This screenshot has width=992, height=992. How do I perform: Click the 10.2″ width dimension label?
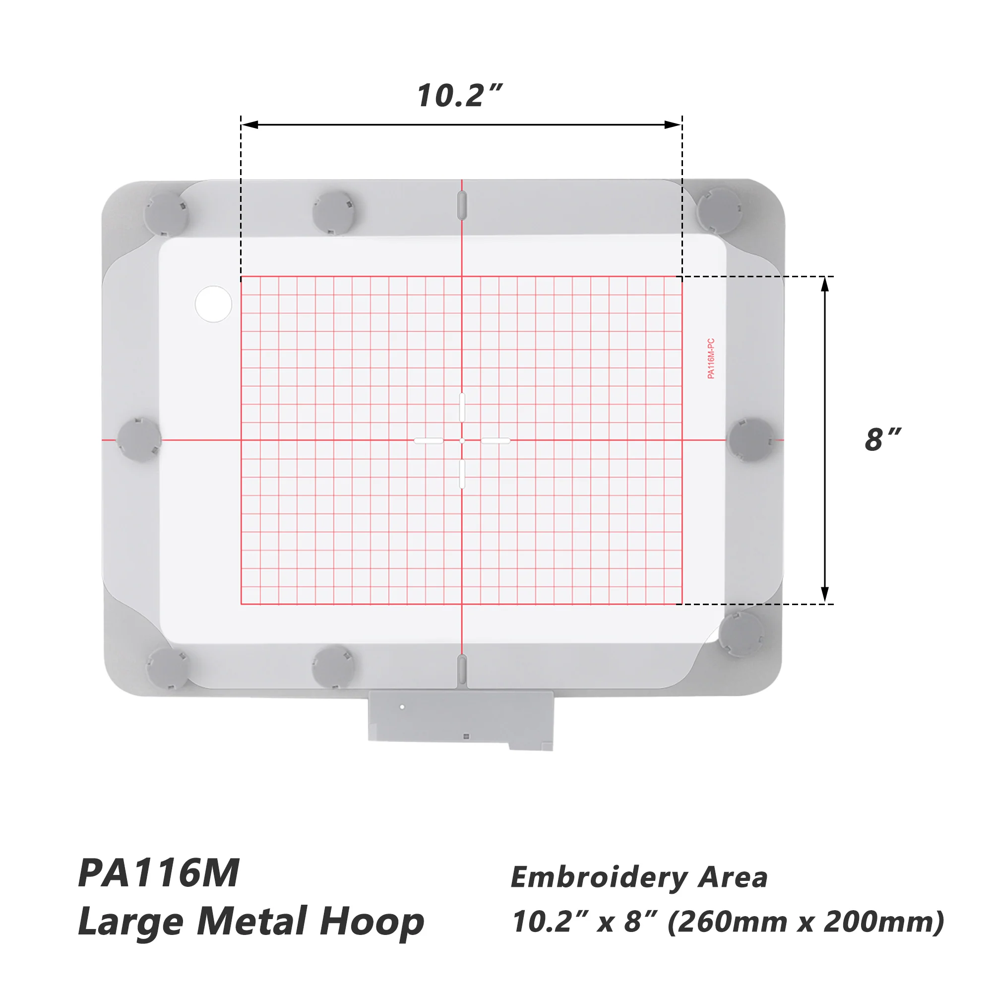(x=460, y=96)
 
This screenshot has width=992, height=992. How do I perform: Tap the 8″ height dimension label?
(x=883, y=439)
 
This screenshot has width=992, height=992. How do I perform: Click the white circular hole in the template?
(x=214, y=304)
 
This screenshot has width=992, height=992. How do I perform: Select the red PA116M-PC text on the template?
(x=711, y=359)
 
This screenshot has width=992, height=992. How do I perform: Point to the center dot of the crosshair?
(x=462, y=440)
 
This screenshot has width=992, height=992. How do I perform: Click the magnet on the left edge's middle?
(x=139, y=439)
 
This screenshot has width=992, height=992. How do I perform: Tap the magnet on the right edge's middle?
(x=751, y=440)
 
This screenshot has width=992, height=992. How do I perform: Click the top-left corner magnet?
(x=166, y=214)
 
